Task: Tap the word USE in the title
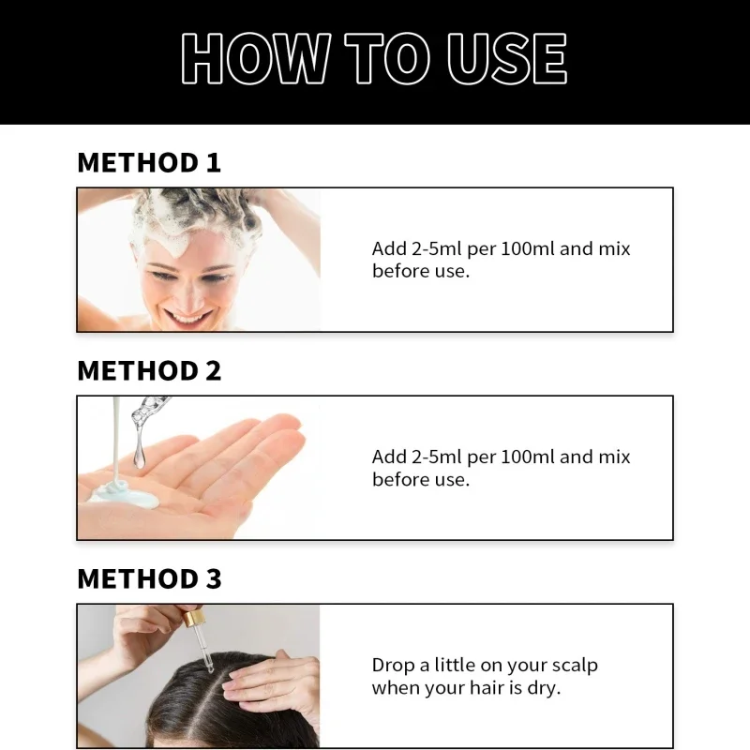tap(507, 58)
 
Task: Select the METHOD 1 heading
tap(149, 162)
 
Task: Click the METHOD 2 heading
tap(149, 370)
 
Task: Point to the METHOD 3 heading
tap(149, 578)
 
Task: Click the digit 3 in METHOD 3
tap(214, 578)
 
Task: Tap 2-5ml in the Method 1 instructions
tap(429, 248)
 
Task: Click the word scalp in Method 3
tap(575, 666)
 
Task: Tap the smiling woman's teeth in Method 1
tap(187, 318)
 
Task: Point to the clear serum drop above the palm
tap(139, 455)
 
